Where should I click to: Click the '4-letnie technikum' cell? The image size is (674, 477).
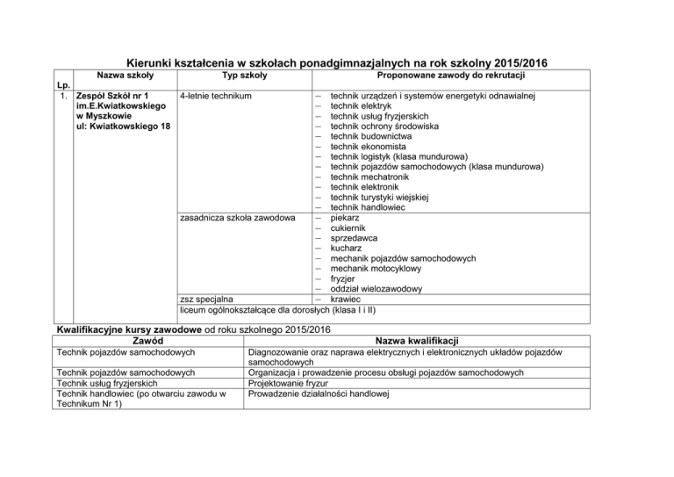[x=216, y=96]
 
